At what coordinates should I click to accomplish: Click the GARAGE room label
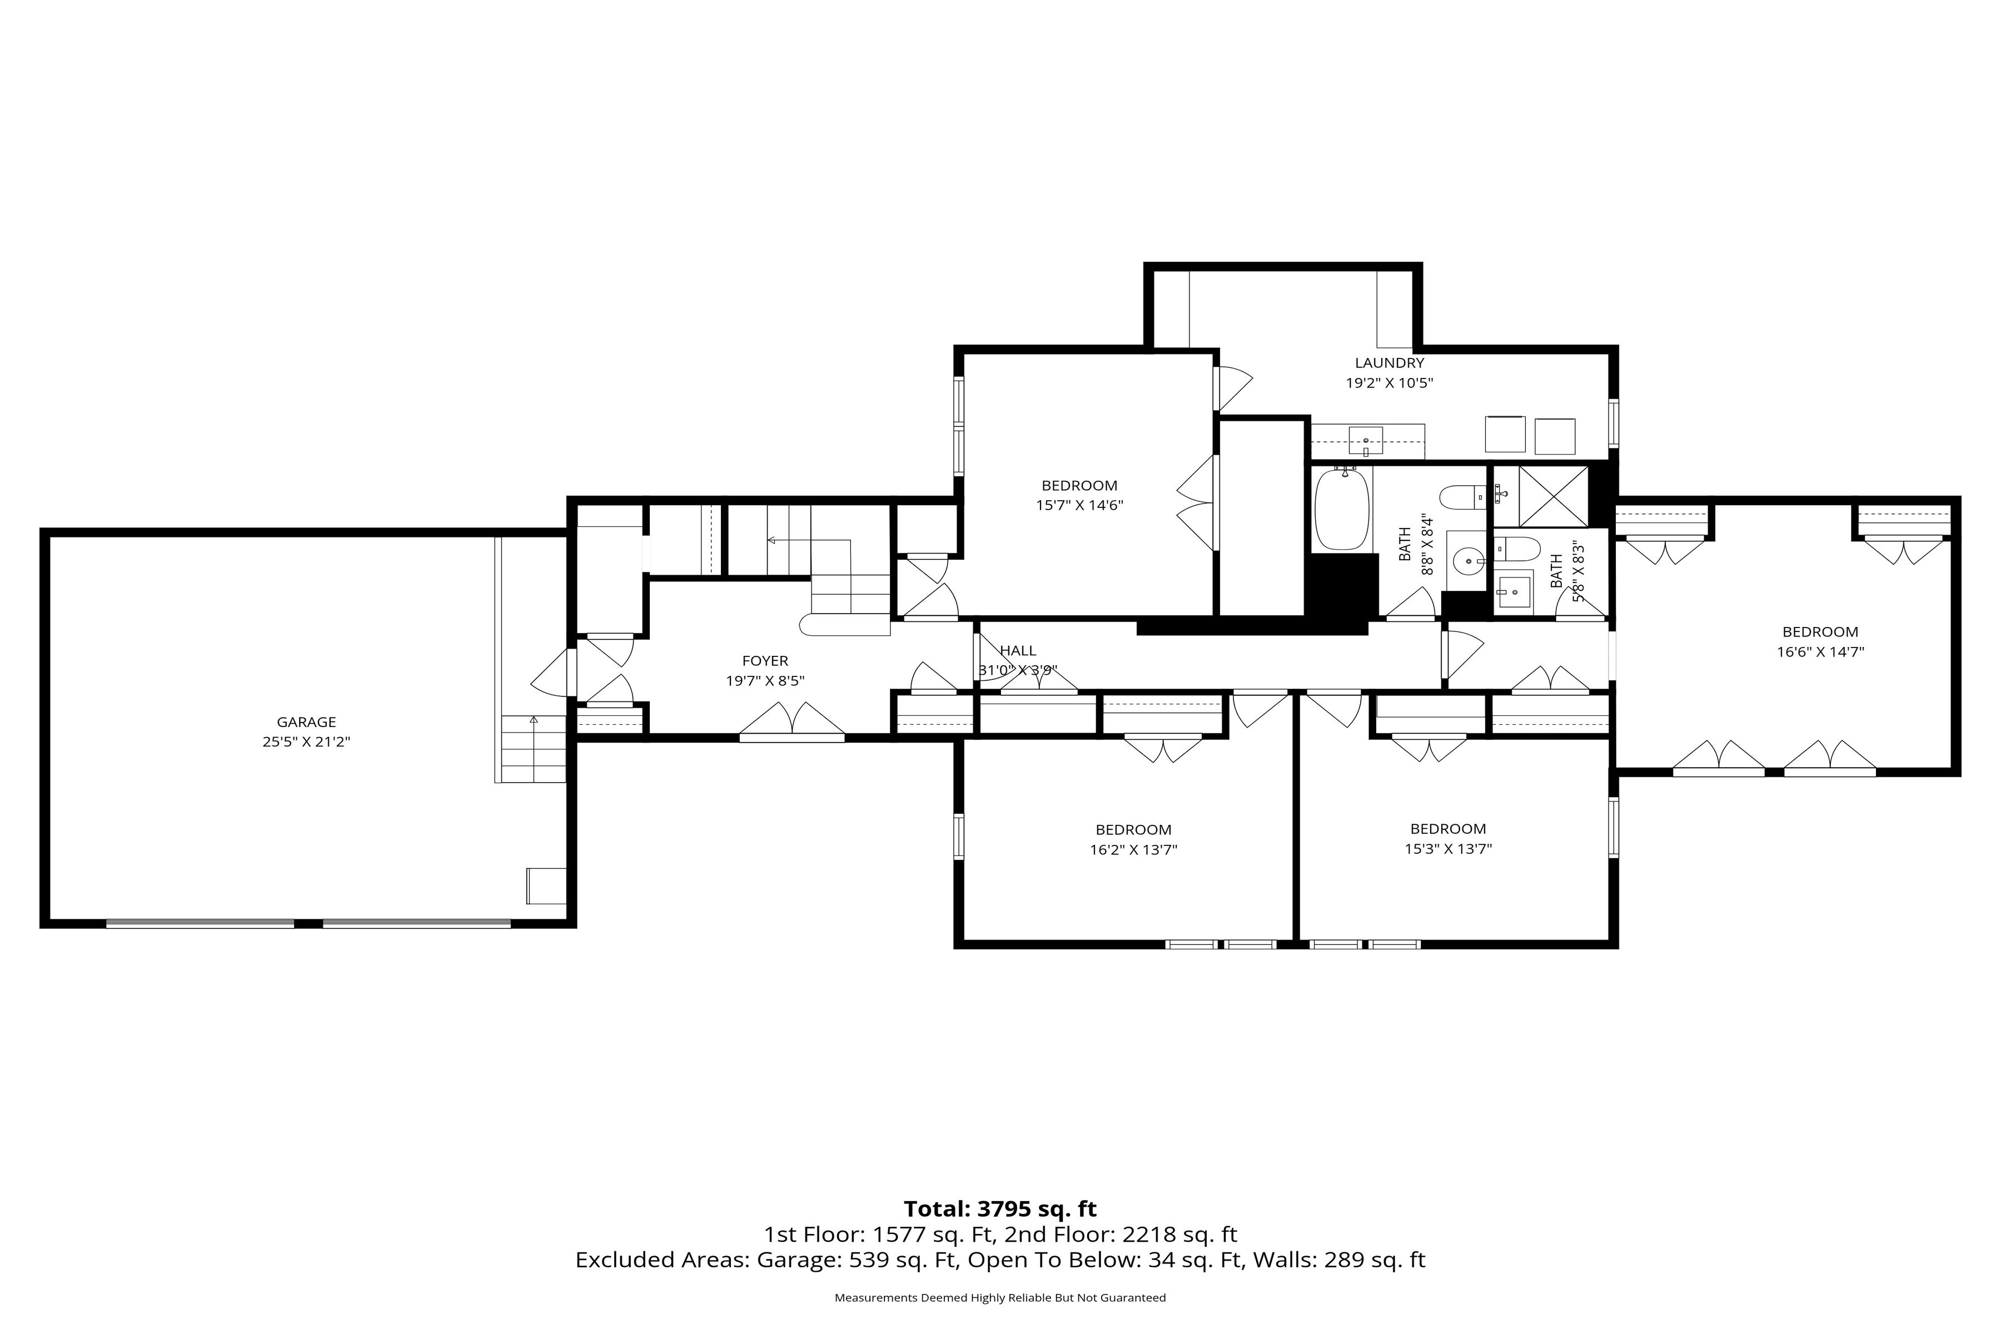(306, 722)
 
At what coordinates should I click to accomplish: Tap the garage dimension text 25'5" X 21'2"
(306, 742)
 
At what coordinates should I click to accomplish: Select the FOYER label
(765, 661)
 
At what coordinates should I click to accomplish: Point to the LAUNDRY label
(1389, 364)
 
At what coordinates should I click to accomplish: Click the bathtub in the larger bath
(1342, 509)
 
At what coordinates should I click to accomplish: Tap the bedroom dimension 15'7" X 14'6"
(1079, 505)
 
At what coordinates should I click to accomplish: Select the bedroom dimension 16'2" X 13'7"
(1133, 849)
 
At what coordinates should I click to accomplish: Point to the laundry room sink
(1366, 441)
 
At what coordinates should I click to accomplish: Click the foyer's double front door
(792, 720)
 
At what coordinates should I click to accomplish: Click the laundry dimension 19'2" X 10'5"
(1389, 383)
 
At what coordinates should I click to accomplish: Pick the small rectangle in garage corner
(546, 885)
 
